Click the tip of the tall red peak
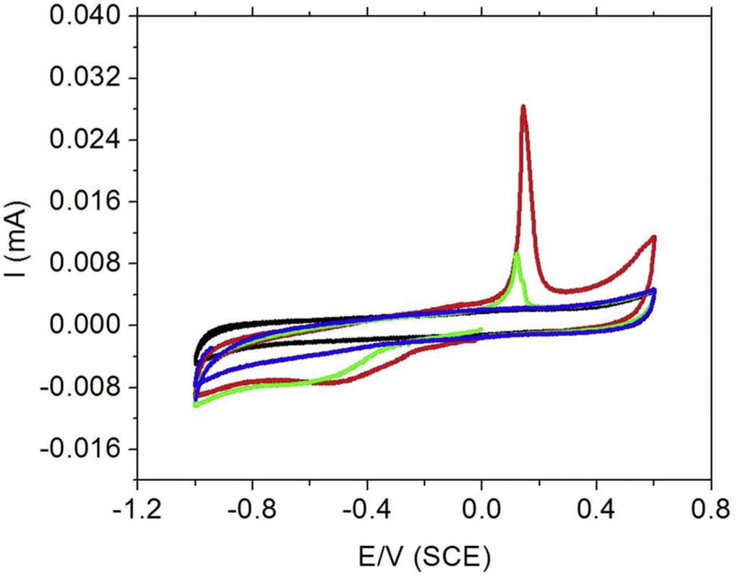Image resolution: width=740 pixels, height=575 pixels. pos(522,107)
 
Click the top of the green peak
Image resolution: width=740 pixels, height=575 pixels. pos(516,253)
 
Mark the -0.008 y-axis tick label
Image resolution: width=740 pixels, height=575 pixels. pos(80,388)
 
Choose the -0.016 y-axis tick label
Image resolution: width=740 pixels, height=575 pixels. pos(80,449)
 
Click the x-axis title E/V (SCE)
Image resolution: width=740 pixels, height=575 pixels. pos(424,556)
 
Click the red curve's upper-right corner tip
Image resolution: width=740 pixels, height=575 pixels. pos(653,237)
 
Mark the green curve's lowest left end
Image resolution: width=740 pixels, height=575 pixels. pos(196,405)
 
